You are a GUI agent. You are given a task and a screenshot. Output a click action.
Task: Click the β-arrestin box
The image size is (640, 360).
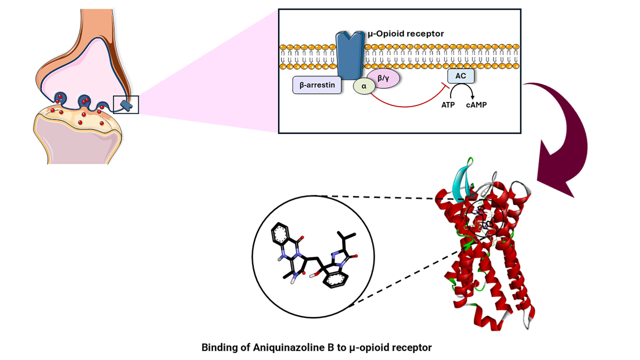tap(317, 85)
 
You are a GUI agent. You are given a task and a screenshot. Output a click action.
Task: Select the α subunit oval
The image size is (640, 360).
tap(364, 86)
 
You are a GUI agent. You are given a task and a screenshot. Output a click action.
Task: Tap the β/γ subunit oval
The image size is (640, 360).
tap(383, 78)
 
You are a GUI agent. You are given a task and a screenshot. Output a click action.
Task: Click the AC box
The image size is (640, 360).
tap(461, 76)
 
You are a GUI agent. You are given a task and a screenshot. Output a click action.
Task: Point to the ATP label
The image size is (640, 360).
tap(448, 105)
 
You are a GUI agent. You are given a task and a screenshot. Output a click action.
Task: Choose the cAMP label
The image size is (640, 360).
tap(476, 105)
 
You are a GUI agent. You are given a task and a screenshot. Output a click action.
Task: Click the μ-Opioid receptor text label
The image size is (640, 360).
tap(406, 34)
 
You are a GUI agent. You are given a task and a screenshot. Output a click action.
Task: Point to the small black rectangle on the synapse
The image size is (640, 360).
tap(126, 105)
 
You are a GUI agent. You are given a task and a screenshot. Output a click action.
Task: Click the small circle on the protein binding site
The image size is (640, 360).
tap(485, 218)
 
